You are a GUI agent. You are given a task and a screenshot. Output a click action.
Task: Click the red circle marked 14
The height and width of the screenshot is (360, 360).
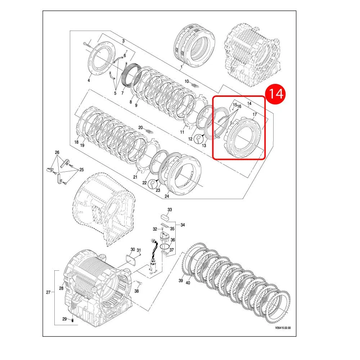(275, 94)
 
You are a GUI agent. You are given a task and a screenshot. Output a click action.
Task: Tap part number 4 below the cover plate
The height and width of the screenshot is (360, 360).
(89, 80)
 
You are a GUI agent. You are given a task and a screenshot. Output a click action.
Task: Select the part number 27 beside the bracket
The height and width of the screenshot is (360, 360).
(48, 292)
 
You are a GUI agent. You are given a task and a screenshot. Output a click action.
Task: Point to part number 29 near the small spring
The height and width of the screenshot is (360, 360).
(64, 319)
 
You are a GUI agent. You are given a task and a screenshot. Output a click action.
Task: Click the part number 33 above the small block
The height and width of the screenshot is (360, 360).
(170, 210)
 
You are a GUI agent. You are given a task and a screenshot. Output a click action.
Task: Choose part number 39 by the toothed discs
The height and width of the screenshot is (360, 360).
(181, 280)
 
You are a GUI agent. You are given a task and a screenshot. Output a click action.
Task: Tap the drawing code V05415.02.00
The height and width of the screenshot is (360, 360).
(283, 328)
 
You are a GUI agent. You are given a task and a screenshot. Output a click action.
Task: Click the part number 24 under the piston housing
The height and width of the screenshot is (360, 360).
(167, 196)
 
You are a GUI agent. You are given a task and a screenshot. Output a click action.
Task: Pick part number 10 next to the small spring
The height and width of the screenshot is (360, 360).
(186, 81)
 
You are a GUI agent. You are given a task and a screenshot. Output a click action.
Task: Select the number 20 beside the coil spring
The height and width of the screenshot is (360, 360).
(140, 128)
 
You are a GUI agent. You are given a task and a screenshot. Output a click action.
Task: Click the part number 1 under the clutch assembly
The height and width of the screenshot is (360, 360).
(181, 67)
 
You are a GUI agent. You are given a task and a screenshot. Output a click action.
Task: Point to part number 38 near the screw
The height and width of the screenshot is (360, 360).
(136, 291)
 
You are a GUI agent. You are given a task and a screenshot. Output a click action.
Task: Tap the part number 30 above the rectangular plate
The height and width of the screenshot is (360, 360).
(133, 249)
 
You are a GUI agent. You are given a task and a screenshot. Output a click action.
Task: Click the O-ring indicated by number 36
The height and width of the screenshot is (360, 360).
(165, 247)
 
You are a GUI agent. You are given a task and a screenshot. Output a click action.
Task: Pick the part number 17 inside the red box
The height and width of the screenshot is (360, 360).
(255, 114)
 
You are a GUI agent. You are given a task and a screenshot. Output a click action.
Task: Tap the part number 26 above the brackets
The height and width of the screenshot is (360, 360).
(57, 152)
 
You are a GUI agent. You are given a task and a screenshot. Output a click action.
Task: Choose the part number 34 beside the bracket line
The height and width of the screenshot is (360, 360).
(183, 225)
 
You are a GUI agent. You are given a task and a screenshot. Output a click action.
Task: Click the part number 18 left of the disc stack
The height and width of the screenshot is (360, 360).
(76, 142)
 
